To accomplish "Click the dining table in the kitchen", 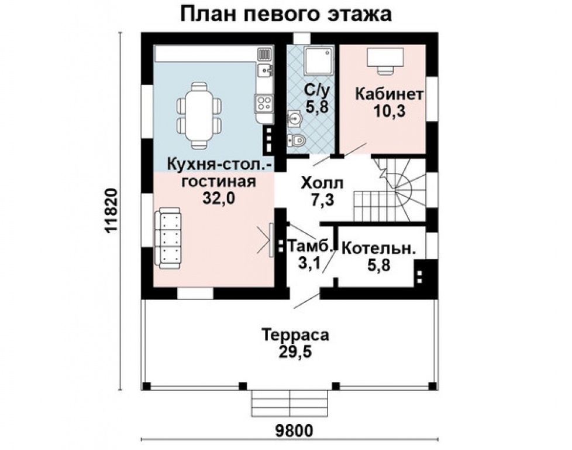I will pyautogui.click(x=199, y=115).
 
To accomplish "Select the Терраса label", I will pyautogui.click(x=295, y=336).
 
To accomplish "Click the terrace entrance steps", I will pyautogui.click(x=290, y=403).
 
